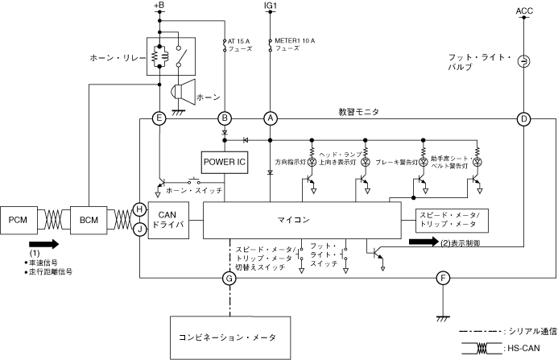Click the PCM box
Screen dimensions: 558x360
click(x=19, y=220)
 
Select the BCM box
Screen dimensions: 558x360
click(x=89, y=220)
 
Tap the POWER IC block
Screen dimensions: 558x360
click(x=225, y=163)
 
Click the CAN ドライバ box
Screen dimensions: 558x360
click(x=168, y=220)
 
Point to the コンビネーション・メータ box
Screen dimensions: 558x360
click(x=230, y=337)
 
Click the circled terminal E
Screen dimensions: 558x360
click(x=159, y=118)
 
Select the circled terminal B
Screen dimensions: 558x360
click(x=225, y=118)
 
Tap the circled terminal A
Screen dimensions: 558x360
click(x=270, y=118)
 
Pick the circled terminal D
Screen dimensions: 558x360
click(x=523, y=119)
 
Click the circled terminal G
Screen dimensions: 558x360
click(x=229, y=278)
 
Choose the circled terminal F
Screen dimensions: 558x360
click(x=443, y=278)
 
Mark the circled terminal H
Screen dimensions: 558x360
click(x=139, y=209)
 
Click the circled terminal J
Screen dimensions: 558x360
click(x=139, y=230)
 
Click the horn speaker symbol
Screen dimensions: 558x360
click(x=184, y=93)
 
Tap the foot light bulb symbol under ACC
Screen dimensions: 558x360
click(x=524, y=61)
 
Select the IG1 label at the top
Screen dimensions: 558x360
click(x=270, y=6)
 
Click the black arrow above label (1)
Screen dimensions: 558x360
click(x=43, y=244)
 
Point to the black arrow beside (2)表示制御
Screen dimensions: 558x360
click(x=424, y=242)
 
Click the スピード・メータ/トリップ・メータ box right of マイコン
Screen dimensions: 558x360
click(x=452, y=221)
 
